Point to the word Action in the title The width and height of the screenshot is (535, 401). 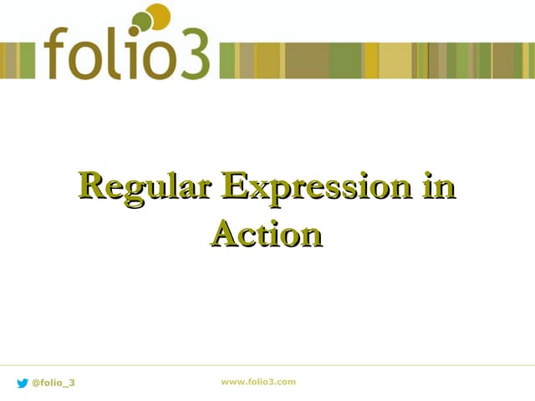[267, 234]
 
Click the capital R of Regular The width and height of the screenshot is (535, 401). [92, 185]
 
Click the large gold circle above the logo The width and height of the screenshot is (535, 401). [157, 15]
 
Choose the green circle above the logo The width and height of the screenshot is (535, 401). [142, 21]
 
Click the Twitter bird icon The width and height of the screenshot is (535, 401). [23, 383]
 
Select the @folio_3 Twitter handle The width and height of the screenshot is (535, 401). [53, 383]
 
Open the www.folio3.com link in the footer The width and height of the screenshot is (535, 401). [258, 382]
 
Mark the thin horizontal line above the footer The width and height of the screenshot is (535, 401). [267, 365]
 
